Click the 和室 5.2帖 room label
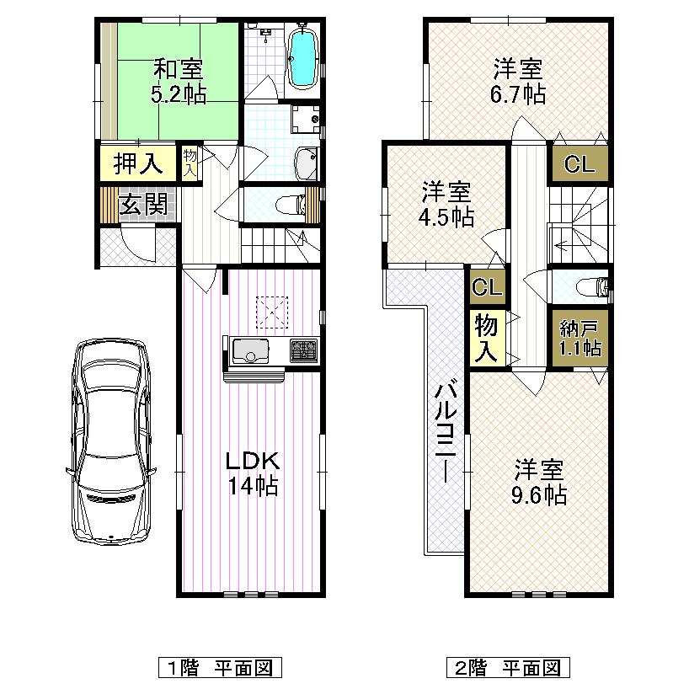click(178, 81)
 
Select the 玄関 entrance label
click(141, 205)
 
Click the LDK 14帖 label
click(251, 473)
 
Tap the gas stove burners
click(303, 350)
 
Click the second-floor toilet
click(593, 287)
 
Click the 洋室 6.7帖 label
click(517, 80)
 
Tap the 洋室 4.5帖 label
click(446, 205)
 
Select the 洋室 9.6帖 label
click(539, 482)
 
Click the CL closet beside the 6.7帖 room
click(580, 164)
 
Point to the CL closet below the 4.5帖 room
click(487, 287)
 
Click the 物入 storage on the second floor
click(487, 337)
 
